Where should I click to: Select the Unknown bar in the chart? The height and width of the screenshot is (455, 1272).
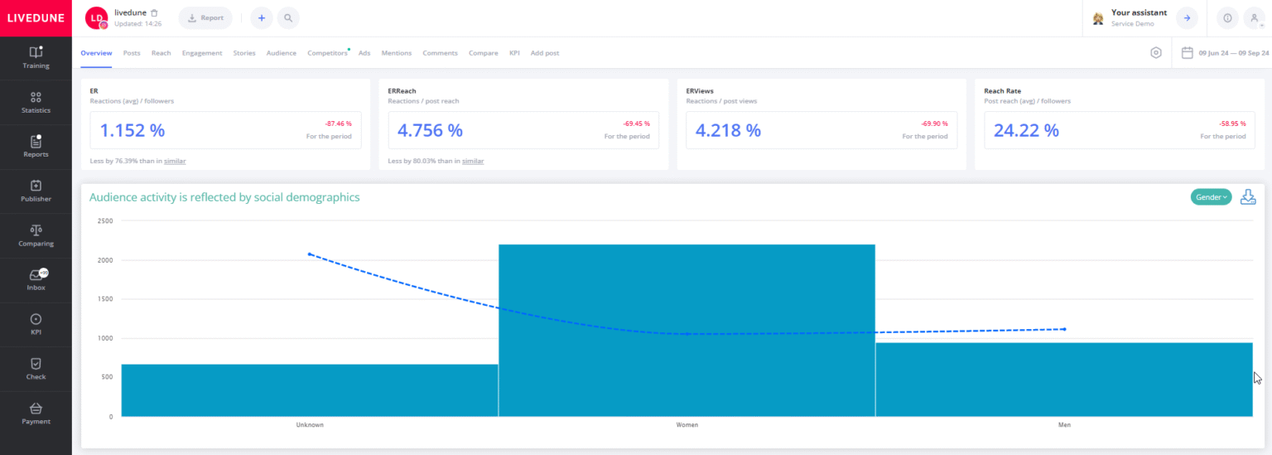[310, 390]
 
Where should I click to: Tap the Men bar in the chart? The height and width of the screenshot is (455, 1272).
[1063, 379]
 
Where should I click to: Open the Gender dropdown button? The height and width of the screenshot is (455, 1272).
[1211, 197]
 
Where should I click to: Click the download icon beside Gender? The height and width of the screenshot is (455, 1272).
[1247, 197]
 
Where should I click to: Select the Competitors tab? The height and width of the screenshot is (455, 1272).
[327, 53]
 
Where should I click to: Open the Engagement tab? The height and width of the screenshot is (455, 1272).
[202, 53]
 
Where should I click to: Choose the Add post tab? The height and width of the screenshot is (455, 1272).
[544, 53]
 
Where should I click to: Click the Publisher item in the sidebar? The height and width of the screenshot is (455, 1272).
[36, 191]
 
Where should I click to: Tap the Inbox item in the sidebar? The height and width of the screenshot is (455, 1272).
[36, 280]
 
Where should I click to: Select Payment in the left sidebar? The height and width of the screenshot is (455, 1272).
[36, 414]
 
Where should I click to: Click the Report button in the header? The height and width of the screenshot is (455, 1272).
[205, 17]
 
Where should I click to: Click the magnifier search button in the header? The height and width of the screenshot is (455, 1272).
[288, 17]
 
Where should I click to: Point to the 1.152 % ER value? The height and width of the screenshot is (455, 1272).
[132, 130]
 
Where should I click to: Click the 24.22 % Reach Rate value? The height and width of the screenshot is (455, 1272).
[1026, 130]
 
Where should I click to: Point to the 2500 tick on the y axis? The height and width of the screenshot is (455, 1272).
[105, 221]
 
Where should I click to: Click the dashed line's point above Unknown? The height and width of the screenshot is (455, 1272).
[310, 254]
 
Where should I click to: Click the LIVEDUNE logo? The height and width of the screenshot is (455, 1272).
[36, 17]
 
